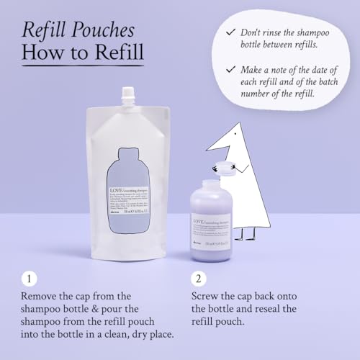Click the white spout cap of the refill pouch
click(129, 94)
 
